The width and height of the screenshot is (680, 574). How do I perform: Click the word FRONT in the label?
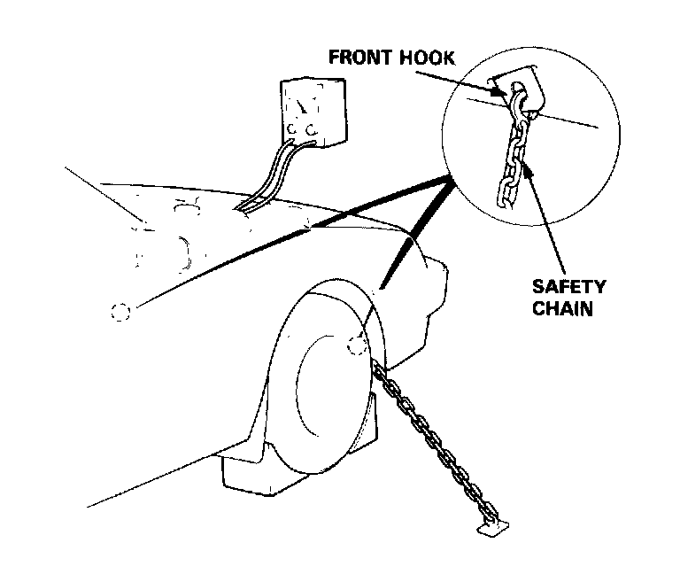click(359, 58)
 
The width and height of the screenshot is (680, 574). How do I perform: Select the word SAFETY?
click(568, 288)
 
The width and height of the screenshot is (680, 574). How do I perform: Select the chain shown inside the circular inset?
click(510, 159)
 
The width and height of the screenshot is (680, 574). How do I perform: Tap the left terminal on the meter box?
click(290, 134)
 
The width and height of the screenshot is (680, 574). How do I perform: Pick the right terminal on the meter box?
click(311, 132)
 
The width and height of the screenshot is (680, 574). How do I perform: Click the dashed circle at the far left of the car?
click(120, 312)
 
